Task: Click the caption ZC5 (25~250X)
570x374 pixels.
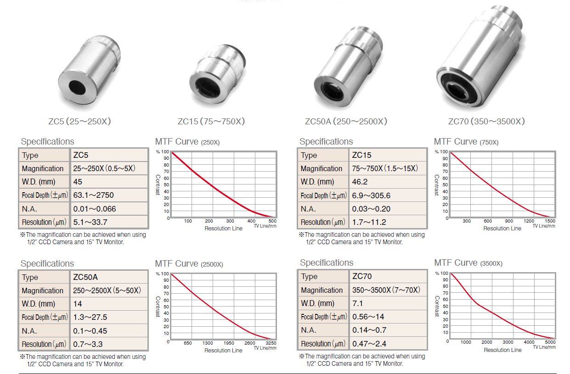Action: click(79, 121)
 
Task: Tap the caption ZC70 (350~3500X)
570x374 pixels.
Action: click(486, 121)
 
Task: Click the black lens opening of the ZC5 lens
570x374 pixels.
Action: click(77, 87)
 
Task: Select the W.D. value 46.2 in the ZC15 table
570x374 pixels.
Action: click(360, 182)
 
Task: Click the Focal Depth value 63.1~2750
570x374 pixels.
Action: click(93, 195)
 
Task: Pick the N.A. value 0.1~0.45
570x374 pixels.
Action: click(90, 331)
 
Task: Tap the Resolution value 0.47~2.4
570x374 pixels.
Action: click(369, 344)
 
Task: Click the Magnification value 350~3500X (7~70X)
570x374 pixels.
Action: click(386, 290)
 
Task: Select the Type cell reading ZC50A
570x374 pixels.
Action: click(85, 277)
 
